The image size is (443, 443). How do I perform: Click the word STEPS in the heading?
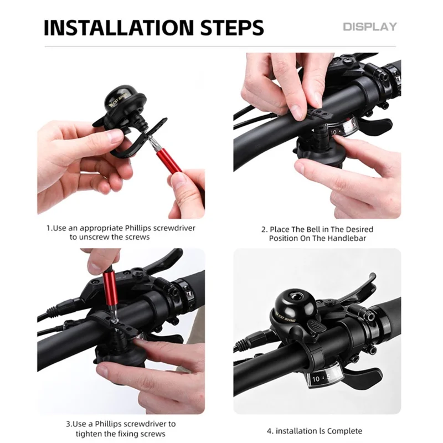[x=232, y=28]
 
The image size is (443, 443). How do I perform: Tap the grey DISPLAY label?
[x=370, y=27]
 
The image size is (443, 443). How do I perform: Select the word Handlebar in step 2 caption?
[x=348, y=238]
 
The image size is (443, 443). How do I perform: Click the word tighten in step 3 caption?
[x=89, y=434]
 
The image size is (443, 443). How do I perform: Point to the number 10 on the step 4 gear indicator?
[x=316, y=379]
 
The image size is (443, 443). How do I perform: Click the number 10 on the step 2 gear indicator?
[x=334, y=132]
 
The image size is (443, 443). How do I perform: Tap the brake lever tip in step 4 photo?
[x=373, y=276]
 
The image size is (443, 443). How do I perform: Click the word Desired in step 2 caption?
[x=359, y=229]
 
